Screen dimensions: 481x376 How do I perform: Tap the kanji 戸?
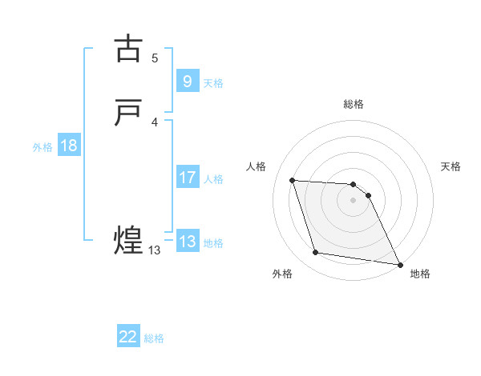coord(129,112)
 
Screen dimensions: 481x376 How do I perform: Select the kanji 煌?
coord(129,240)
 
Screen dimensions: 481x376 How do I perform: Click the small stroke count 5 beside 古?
coord(155,58)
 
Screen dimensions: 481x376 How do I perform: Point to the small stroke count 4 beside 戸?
coord(155,122)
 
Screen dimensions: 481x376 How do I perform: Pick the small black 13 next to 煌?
coord(154,250)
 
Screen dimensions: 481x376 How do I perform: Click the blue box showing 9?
coord(187,81)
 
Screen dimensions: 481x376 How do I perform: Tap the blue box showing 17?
coord(187,178)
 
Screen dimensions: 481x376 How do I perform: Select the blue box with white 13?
coord(187,242)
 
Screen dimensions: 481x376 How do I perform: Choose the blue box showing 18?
coord(68,146)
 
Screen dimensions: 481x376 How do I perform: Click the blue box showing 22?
coord(128,337)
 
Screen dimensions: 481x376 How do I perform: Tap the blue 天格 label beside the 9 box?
coord(213,82)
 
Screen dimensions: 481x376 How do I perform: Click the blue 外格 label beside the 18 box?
coord(42,147)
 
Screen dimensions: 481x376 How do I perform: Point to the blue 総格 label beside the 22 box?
coord(154,338)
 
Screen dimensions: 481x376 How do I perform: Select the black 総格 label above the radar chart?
coord(354,104)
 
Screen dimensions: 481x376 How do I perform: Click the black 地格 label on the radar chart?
coord(420,274)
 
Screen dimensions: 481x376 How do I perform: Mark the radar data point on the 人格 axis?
coord(293,180)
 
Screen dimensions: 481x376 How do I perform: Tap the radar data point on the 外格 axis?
coord(316,253)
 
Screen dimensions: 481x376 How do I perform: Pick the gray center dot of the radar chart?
coord(354,200)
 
